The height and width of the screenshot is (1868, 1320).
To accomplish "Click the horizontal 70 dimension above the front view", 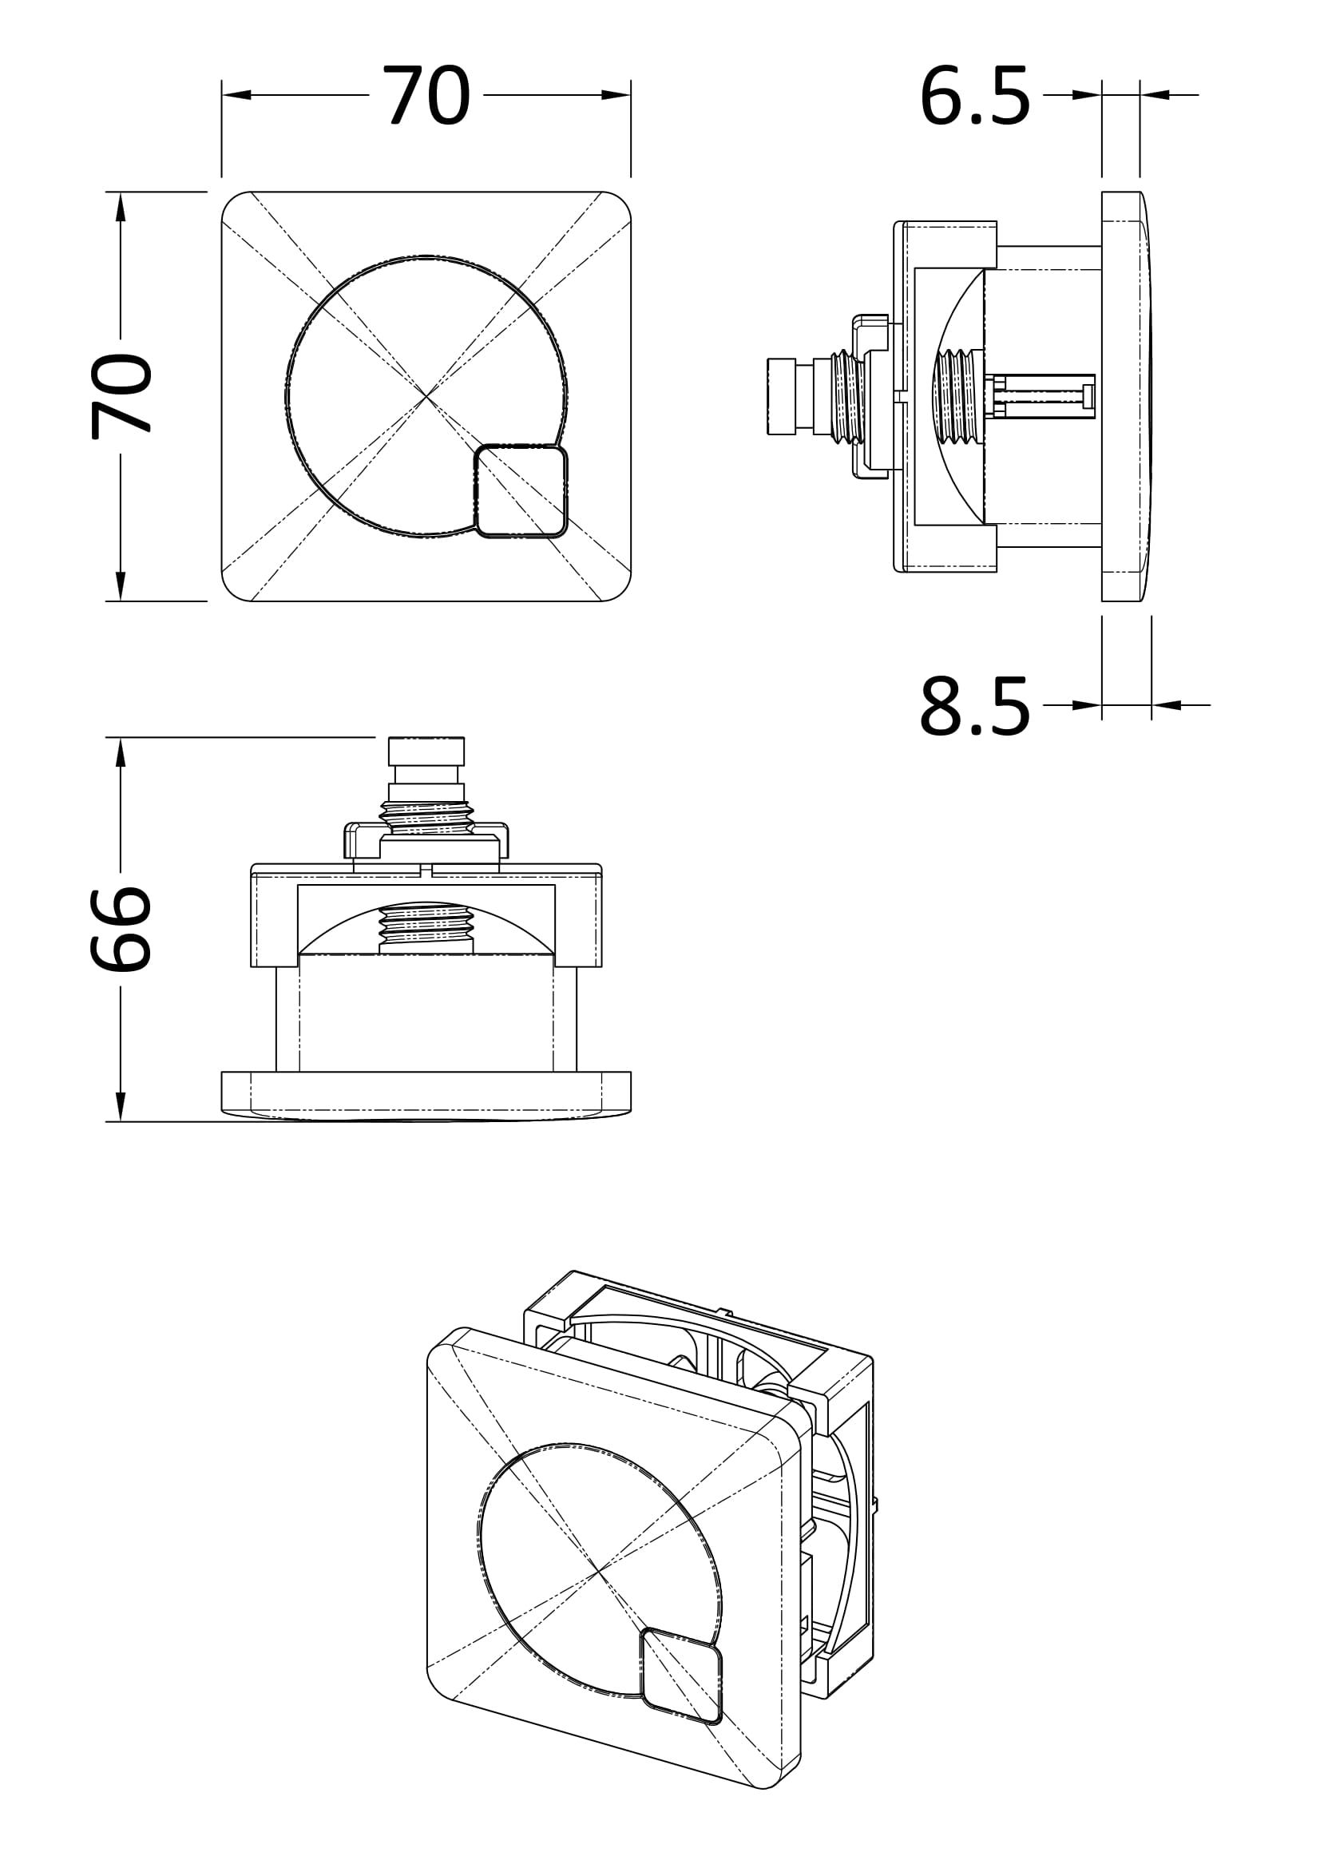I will click(x=426, y=96).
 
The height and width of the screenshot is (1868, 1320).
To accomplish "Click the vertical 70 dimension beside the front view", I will click(x=122, y=396).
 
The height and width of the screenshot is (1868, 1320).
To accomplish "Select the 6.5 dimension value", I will click(x=974, y=97).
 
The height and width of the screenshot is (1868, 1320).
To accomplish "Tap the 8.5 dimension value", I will click(x=974, y=706).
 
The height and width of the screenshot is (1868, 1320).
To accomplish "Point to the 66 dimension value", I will click(x=122, y=928).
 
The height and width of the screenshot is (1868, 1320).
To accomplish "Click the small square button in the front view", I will click(x=521, y=490).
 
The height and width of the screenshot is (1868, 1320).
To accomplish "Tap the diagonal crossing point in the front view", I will click(x=426, y=396).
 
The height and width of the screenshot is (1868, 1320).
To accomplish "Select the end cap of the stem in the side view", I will click(x=781, y=396).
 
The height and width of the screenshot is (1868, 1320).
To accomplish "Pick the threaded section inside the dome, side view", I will click(x=960, y=396).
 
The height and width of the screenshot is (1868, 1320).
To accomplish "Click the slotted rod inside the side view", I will click(x=1043, y=396).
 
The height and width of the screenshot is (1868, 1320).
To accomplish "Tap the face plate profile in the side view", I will click(x=1126, y=396).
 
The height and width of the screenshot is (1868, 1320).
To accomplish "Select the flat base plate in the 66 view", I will click(x=426, y=1092).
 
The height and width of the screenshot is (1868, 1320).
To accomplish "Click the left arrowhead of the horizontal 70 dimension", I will click(x=236, y=95).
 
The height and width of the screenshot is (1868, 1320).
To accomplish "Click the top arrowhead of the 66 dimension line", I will click(x=121, y=752).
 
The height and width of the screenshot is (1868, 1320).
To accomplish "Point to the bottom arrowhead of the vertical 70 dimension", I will click(x=121, y=585).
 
